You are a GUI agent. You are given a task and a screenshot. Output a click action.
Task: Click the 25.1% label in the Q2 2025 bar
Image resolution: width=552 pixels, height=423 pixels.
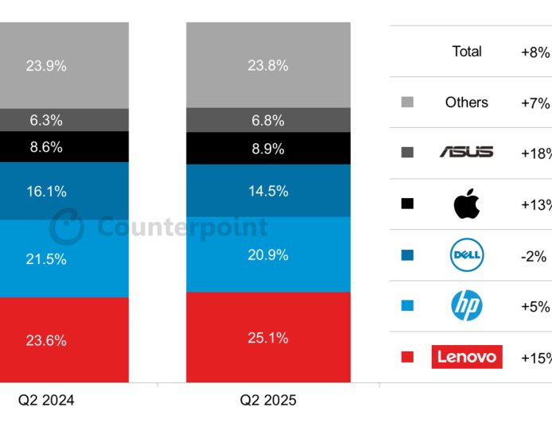[x=267, y=339]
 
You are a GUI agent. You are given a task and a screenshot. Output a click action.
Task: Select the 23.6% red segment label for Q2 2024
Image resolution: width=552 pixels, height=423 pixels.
[x=46, y=340]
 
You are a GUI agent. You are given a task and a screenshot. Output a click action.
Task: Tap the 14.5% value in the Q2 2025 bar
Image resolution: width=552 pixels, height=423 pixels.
[x=267, y=192]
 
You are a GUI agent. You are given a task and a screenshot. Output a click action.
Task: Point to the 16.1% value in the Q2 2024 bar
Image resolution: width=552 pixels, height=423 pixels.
[x=46, y=192]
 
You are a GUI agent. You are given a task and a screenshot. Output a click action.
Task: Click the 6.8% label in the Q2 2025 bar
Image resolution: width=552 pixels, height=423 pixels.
[x=267, y=120]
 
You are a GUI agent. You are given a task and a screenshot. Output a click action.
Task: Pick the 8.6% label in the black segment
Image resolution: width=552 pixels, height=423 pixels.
[x=46, y=147]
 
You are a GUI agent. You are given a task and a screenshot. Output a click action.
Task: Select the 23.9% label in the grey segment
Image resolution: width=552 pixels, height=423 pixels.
[x=46, y=66]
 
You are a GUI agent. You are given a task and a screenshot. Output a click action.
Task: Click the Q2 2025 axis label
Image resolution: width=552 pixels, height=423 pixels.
[x=268, y=400]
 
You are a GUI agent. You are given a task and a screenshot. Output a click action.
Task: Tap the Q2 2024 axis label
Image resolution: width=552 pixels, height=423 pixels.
[x=46, y=400]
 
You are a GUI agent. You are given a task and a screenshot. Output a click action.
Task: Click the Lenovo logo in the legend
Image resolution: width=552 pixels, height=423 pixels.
[x=467, y=357]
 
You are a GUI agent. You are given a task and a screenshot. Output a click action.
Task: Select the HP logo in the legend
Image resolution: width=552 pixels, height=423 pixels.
[x=467, y=306]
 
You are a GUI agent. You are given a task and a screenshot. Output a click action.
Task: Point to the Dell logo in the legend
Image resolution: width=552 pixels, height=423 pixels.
[x=467, y=256]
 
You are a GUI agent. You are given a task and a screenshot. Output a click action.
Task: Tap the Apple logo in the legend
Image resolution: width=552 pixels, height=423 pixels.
[x=467, y=204]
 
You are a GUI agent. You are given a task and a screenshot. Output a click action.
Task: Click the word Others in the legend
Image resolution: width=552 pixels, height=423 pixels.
[x=467, y=103]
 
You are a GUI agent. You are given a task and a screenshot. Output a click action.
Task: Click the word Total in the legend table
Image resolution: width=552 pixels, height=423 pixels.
[x=467, y=52]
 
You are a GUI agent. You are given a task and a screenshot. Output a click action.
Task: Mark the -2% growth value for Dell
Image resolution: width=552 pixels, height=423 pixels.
[x=534, y=256]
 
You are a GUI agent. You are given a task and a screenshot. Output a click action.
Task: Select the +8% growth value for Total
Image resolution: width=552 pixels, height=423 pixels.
[x=535, y=52]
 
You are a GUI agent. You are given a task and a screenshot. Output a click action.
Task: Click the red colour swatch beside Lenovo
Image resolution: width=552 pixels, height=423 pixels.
[x=407, y=357]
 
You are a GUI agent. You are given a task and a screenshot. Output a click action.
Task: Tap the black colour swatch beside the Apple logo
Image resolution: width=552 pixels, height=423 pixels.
[x=407, y=204]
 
